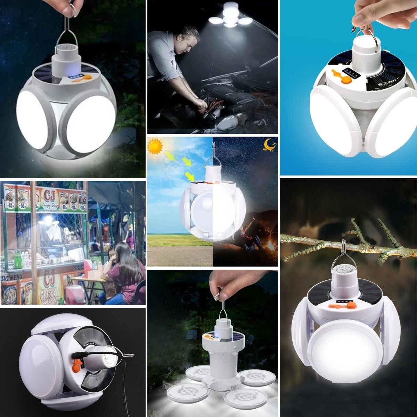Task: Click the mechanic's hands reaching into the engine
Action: pos(205,104)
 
